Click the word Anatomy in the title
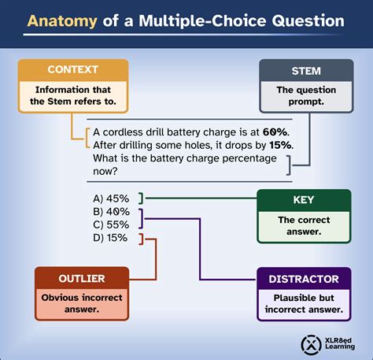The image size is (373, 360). coord(62,21)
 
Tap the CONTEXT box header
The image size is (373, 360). coord(73,69)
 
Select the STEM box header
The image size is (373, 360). coord(306,71)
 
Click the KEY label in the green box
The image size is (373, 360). coord(304,200)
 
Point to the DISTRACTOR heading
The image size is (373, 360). coord(304,279)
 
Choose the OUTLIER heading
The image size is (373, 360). coord(82,279)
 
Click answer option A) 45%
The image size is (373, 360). coord(111,199)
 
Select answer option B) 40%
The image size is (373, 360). coord(111,212)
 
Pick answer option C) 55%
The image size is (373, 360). coord(111,225)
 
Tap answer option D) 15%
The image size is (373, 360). coord(110,238)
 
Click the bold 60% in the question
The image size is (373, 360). coord(275,132)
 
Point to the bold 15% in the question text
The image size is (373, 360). coord(280,145)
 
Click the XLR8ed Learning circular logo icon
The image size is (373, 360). coord(311,345)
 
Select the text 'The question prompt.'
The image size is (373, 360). coord(306,95)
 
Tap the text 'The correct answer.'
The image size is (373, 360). coord(304,225)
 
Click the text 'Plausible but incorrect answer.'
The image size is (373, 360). coord(304,303)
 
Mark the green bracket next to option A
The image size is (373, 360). coord(141,199)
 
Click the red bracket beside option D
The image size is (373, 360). coord(141,239)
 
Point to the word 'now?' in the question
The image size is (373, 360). coord(105,172)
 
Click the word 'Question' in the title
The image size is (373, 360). coord(308,21)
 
